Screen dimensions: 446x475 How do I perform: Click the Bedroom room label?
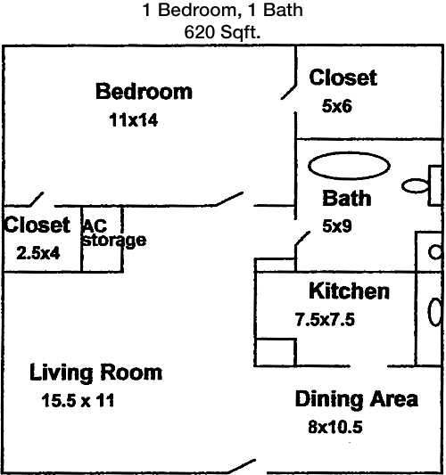(x=144, y=91)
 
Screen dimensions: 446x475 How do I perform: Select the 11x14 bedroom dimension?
(x=134, y=120)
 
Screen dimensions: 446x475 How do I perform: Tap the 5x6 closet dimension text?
(x=337, y=106)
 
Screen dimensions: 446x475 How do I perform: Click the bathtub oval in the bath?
(x=349, y=166)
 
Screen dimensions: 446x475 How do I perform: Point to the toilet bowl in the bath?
(x=415, y=185)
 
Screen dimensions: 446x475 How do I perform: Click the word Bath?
(x=347, y=198)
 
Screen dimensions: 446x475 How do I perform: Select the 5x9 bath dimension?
(x=337, y=226)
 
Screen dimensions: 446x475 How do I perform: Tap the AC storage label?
(x=114, y=233)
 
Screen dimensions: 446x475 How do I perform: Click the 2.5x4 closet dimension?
(x=38, y=253)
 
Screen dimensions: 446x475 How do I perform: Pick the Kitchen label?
(x=349, y=291)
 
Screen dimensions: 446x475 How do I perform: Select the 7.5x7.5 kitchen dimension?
(x=325, y=320)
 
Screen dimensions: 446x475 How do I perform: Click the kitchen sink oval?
(x=434, y=312)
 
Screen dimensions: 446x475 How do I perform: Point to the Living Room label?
(x=95, y=373)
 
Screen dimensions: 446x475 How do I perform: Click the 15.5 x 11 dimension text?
(x=78, y=400)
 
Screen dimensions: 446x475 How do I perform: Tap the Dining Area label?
(x=357, y=399)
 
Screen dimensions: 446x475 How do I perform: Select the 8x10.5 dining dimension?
(x=335, y=427)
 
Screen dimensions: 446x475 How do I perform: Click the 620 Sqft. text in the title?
(x=222, y=31)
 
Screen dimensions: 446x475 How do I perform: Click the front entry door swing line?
(x=242, y=466)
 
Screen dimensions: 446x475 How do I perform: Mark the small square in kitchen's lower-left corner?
(x=276, y=352)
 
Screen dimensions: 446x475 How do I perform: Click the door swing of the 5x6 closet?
(x=288, y=93)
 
